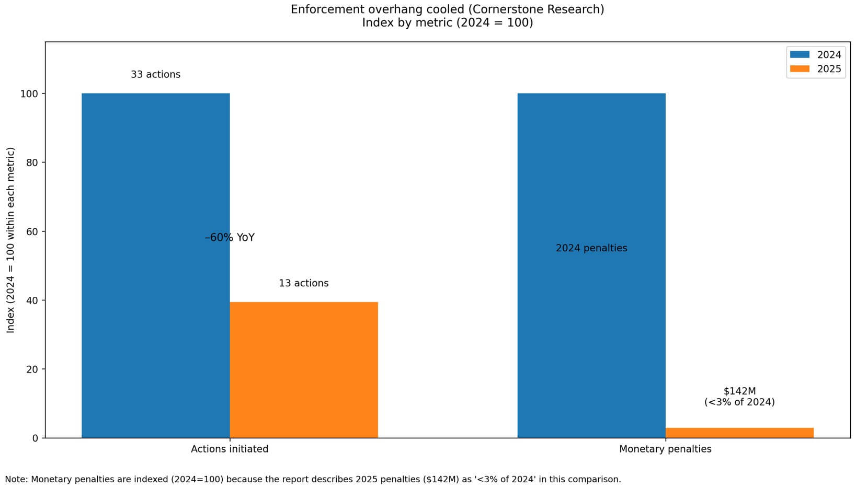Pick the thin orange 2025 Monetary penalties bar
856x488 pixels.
point(739,433)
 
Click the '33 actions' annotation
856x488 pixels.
point(155,75)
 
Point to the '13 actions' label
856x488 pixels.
point(303,283)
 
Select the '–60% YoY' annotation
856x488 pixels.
point(230,238)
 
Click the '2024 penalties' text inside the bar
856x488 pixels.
point(591,248)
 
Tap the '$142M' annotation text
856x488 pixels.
point(739,391)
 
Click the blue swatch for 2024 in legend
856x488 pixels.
point(799,55)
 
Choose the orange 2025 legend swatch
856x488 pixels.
point(799,69)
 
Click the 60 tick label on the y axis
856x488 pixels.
point(32,231)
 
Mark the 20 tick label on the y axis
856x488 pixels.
point(32,369)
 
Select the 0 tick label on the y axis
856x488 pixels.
point(35,438)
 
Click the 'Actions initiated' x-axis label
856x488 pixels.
point(230,449)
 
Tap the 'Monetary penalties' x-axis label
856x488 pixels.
point(665,449)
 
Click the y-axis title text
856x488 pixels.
point(10,240)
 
